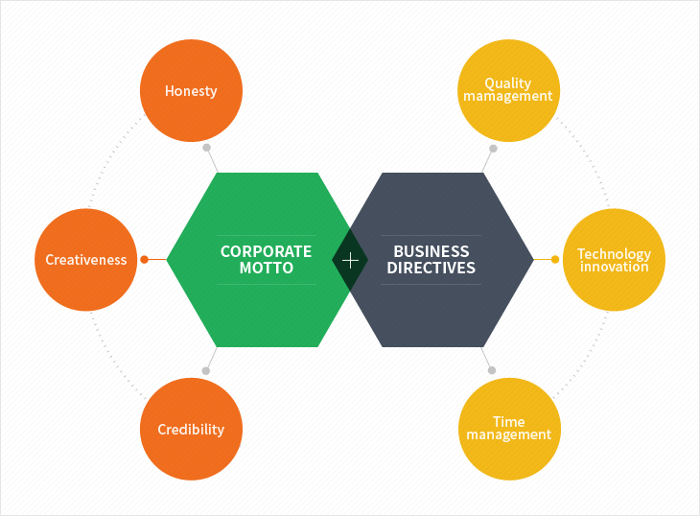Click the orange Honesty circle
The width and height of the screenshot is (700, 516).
point(191,90)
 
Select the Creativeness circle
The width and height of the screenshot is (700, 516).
point(85,260)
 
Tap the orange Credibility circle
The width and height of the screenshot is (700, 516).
point(191,429)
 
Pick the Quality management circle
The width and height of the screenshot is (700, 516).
point(508,90)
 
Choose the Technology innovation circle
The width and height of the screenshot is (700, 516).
point(614,260)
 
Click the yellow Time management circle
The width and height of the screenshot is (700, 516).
point(508,429)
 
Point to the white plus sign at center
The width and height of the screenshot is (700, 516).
point(350,260)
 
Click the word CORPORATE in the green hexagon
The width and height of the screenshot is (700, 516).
point(266,251)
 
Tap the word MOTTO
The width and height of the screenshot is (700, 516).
point(267,269)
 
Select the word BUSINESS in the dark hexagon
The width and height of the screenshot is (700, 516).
point(432,251)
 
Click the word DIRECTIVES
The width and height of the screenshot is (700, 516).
point(432,269)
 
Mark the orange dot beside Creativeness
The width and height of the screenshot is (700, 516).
point(144,260)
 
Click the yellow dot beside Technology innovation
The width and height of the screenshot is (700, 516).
point(555,259)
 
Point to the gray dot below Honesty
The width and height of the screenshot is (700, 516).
point(206,149)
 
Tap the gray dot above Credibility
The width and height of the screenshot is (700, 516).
point(206,370)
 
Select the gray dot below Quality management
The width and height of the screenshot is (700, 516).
point(494,149)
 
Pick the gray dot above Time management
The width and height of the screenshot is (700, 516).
point(492,370)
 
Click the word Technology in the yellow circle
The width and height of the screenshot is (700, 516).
point(614,254)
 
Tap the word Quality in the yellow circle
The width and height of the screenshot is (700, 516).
point(508,83)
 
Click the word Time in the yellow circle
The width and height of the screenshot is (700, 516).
point(508,422)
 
